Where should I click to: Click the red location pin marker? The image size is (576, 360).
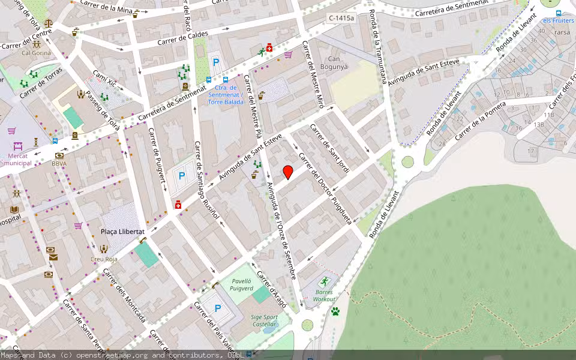[288, 172]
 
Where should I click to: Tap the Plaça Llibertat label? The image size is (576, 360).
[122, 232]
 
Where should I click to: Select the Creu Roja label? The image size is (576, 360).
[104, 259]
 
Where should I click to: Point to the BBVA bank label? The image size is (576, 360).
[59, 163]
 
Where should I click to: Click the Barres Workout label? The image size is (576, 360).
[325, 295]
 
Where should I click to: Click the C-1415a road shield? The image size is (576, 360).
[341, 18]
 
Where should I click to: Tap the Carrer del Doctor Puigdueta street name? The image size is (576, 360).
[325, 189]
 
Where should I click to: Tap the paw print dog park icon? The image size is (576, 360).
[335, 311]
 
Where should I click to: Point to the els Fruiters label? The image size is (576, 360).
[558, 20]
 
